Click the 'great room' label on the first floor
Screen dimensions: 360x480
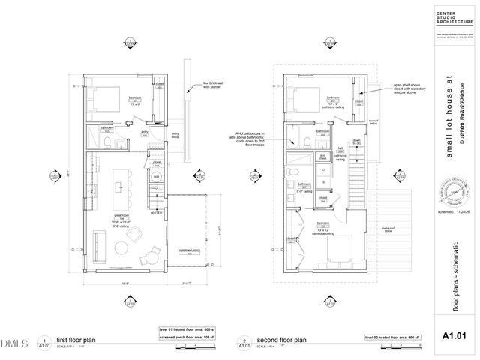pyautogui.click(x=121, y=219)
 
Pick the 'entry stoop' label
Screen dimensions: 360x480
pyautogui.click(x=175, y=136)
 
